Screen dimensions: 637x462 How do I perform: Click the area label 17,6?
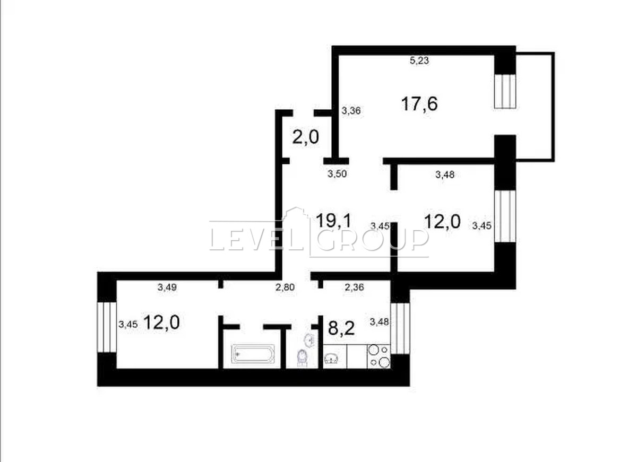point(419,104)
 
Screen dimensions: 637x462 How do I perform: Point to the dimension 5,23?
point(419,60)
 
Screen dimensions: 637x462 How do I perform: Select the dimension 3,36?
point(351,110)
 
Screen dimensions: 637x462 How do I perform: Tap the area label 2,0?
point(306,138)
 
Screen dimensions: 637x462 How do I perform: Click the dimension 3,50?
point(337,173)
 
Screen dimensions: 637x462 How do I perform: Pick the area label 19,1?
point(334,221)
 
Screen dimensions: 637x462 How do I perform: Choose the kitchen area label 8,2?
point(341,328)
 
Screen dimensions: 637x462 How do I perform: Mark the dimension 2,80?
point(285,287)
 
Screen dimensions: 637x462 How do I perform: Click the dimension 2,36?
point(355,287)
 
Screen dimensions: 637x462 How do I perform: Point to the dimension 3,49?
point(167,287)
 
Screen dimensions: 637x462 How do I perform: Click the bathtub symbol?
point(253,354)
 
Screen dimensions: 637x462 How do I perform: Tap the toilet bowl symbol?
point(302,358)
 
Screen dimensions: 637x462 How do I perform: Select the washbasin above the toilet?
point(309,341)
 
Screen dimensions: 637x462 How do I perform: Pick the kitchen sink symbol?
point(331,358)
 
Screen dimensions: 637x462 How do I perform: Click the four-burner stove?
point(379,356)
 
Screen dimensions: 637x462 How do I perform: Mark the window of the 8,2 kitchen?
point(400,328)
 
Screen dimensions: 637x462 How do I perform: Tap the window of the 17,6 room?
point(505,91)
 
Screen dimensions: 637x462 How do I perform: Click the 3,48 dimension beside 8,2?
point(380,321)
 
